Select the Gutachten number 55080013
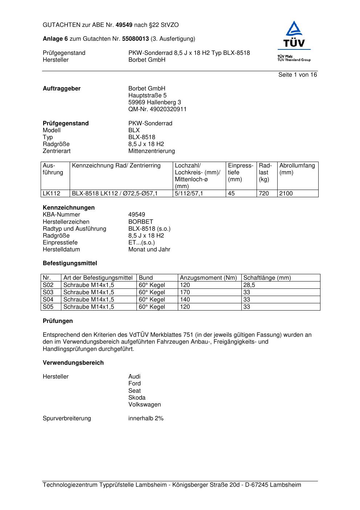[135, 39]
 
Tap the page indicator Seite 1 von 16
[297, 75]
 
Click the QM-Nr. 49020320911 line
[157, 109]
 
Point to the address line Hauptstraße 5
[147, 96]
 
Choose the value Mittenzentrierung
[151, 151]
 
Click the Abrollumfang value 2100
[286, 194]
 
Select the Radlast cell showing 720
[264, 194]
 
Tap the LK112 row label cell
[52, 194]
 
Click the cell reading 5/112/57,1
[189, 194]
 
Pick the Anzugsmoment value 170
[185, 292]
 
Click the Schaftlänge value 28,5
[249, 285]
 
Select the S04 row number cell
[48, 300]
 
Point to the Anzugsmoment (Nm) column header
[208, 278]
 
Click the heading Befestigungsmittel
[70, 263]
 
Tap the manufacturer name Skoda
[137, 398]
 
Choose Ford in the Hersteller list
[134, 384]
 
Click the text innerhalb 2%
[146, 418]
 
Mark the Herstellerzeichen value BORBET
[141, 222]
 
